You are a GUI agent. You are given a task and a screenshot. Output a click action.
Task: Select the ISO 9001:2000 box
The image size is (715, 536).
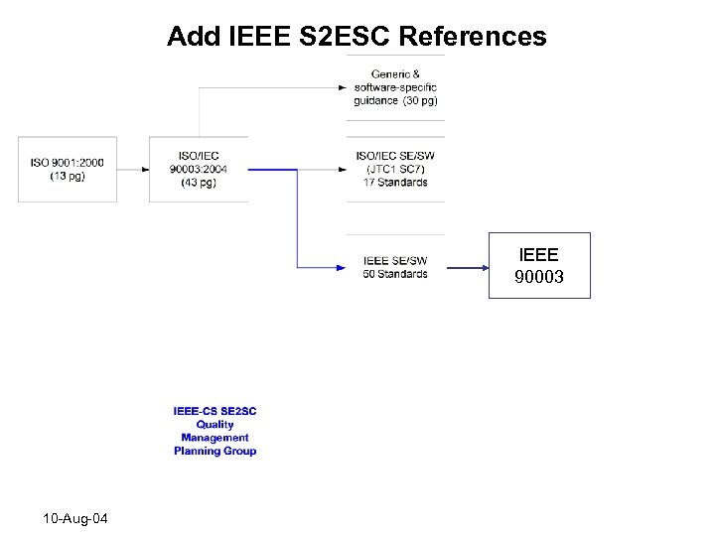point(67,170)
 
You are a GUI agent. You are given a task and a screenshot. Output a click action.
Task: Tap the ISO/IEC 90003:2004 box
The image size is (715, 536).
point(199,170)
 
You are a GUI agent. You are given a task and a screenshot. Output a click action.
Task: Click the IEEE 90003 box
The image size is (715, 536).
point(539,265)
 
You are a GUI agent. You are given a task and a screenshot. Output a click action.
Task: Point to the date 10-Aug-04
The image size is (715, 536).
point(76,519)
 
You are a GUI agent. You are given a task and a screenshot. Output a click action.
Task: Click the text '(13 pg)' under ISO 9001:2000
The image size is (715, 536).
point(67,176)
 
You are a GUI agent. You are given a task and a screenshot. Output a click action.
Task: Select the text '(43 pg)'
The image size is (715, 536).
point(199,183)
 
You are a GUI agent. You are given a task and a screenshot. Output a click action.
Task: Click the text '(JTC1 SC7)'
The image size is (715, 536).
point(395,169)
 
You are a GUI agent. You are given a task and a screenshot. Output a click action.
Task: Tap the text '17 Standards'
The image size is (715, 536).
point(395,182)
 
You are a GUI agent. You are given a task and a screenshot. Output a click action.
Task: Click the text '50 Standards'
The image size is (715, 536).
point(395,274)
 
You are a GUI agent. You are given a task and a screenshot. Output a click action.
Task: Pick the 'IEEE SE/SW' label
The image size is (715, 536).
point(395,261)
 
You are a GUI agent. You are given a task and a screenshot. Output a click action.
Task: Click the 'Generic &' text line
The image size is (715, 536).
point(395,74)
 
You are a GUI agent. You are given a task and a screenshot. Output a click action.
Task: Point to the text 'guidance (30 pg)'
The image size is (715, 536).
point(395,100)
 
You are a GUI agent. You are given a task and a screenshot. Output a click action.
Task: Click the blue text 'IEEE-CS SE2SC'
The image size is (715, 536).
point(214,411)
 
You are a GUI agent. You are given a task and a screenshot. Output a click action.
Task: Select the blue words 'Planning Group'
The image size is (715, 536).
point(214,451)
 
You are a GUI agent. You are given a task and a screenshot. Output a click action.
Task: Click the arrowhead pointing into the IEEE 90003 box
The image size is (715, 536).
point(483,266)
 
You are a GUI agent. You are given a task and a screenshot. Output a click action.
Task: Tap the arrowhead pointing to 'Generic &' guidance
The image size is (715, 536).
point(342,87)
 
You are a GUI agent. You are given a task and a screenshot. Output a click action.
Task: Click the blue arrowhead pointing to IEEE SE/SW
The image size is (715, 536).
point(342,266)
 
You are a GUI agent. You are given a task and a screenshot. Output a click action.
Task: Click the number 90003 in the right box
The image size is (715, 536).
point(539,277)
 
